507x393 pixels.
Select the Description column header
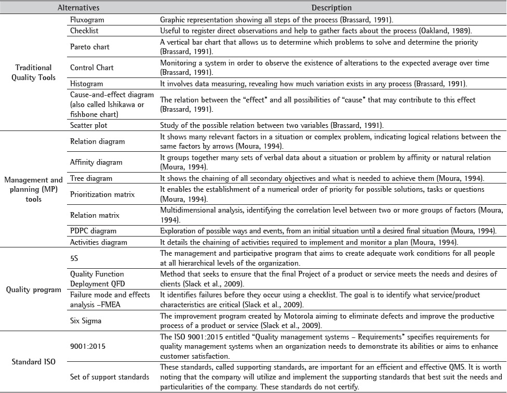click(331, 8)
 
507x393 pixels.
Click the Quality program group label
click(33, 290)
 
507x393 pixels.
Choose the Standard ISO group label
click(33, 358)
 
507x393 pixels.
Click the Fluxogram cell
click(86, 20)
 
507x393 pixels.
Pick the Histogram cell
click(86, 83)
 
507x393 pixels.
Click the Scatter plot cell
click(88, 124)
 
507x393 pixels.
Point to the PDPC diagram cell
click(93, 230)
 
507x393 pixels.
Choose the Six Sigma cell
click(87, 321)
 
